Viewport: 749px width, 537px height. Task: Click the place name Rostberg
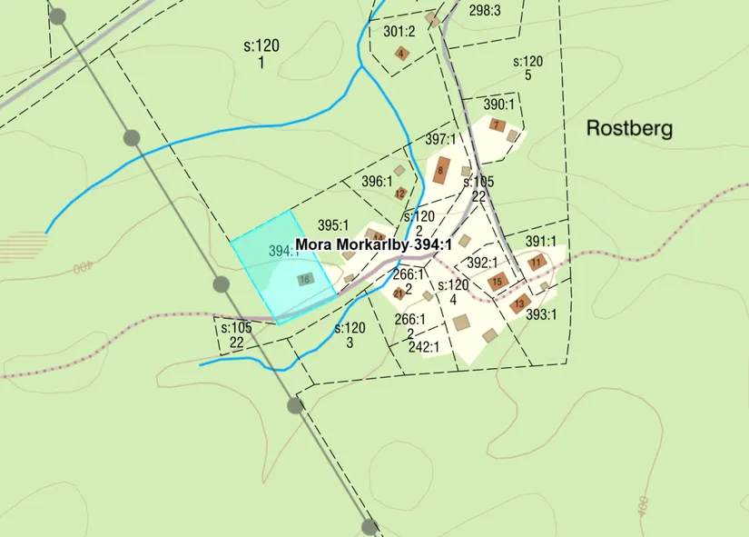point(629,128)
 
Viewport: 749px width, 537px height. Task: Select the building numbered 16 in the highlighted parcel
point(305,279)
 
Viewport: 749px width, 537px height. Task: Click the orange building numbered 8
point(441,170)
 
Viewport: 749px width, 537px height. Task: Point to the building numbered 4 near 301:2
point(401,53)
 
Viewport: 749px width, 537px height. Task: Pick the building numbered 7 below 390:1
point(497,124)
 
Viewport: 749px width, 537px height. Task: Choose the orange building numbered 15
point(497,282)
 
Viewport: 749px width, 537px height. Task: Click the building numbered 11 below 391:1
point(537,263)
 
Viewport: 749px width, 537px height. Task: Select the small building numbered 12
point(400,193)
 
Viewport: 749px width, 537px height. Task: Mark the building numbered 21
point(399,293)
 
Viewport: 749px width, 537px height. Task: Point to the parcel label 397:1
point(440,139)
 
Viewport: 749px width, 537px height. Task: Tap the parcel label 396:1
point(377,181)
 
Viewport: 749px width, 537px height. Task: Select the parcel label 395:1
point(333,224)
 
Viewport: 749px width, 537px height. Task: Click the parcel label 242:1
point(424,346)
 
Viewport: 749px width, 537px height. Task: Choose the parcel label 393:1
point(541,315)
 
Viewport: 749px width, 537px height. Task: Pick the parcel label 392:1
point(482,263)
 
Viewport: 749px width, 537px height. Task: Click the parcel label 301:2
point(399,31)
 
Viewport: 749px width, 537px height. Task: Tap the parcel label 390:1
point(498,104)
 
